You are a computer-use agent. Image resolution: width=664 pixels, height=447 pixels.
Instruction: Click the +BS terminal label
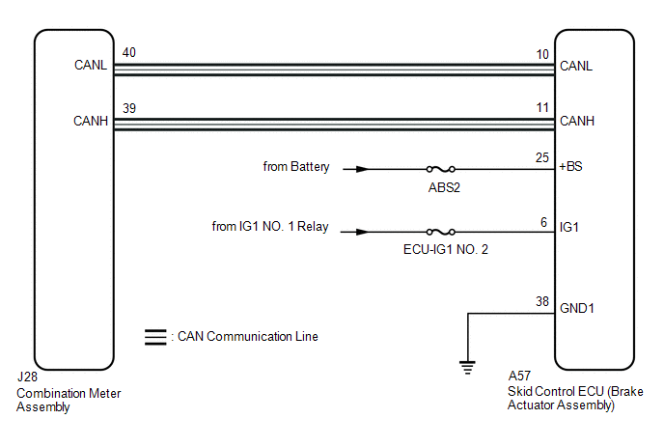[571, 168]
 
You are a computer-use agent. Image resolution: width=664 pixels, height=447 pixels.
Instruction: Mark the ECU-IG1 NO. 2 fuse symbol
[442, 232]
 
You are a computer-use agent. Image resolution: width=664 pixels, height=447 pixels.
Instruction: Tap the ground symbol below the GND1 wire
[467, 366]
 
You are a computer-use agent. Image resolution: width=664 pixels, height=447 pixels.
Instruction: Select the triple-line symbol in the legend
[154, 337]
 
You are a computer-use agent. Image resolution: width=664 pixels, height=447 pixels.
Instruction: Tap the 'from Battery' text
[296, 167]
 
